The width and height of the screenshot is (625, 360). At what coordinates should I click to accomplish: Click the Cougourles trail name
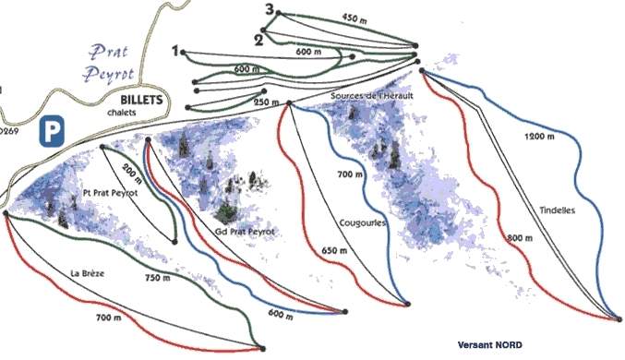click(x=362, y=223)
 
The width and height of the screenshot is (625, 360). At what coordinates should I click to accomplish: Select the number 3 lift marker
click(x=269, y=10)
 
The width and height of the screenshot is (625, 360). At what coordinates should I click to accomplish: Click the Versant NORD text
click(x=489, y=345)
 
